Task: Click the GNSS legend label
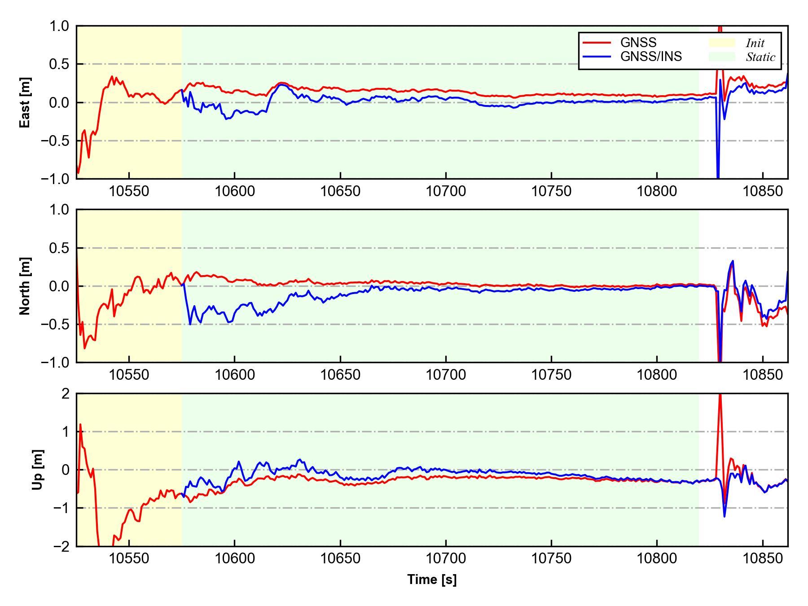pyautogui.click(x=638, y=43)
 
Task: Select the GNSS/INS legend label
pyautogui.click(x=651, y=57)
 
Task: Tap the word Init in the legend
pyautogui.click(x=755, y=43)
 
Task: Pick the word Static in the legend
pyautogui.click(x=760, y=57)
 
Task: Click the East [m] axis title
pyautogui.click(x=25, y=102)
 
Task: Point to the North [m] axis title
pyautogui.click(x=25, y=286)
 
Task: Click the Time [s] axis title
pyautogui.click(x=432, y=580)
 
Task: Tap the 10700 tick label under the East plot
pyautogui.click(x=446, y=191)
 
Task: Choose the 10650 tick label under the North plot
pyautogui.click(x=340, y=375)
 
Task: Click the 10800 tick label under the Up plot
pyautogui.click(x=657, y=559)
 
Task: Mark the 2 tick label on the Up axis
pyautogui.click(x=66, y=394)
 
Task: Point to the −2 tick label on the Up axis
pyautogui.click(x=61, y=546)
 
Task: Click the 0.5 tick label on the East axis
pyautogui.click(x=59, y=64)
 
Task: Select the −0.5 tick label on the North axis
pyautogui.click(x=55, y=324)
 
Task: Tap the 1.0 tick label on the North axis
pyautogui.click(x=59, y=210)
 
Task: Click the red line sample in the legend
pyautogui.click(x=597, y=43)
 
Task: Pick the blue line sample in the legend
pyautogui.click(x=597, y=57)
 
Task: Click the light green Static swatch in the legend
pyautogui.click(x=721, y=57)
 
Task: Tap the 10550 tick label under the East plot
pyautogui.click(x=129, y=191)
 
